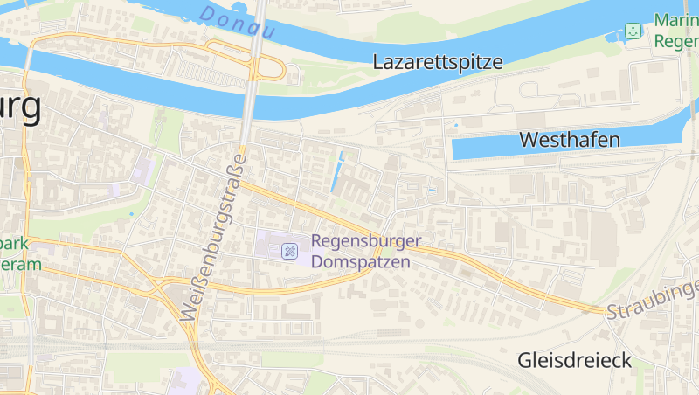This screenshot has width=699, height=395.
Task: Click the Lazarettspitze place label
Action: click(x=438, y=62)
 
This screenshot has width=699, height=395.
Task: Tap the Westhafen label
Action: click(x=570, y=140)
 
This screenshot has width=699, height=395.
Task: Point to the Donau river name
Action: click(x=237, y=23)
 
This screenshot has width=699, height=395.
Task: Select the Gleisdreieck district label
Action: click(x=574, y=360)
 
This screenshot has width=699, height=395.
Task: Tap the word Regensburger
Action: click(x=366, y=241)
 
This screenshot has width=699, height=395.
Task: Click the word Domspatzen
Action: click(x=360, y=261)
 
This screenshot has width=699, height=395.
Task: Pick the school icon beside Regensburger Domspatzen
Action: click(x=288, y=252)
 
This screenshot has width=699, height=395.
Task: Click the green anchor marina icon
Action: click(x=633, y=32)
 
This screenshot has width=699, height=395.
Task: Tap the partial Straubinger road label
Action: click(x=654, y=299)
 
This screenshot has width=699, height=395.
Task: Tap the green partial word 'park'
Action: click(x=15, y=244)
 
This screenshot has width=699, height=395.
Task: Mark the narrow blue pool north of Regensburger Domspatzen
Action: click(x=336, y=172)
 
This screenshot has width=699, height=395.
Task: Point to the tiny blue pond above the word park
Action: click(x=132, y=213)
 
